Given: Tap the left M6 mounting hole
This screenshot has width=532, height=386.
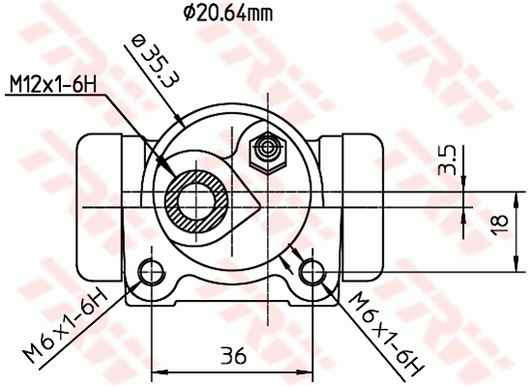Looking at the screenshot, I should pyautogui.click(x=151, y=271).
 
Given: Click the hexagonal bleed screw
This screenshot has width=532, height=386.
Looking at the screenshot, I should pyautogui.click(x=264, y=150).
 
